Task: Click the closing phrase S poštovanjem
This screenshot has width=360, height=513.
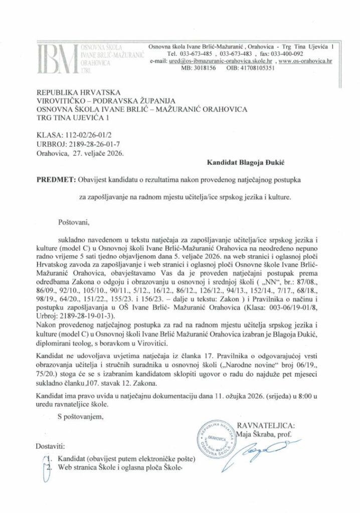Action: click(x=82, y=416)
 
